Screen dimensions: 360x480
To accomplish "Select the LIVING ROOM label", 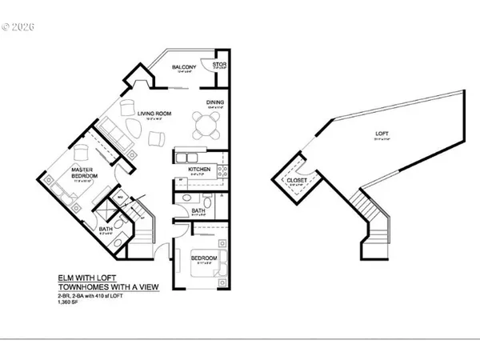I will click(154, 114).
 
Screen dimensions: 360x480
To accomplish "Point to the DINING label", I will click(214, 103).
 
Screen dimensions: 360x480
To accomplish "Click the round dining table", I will click(208, 125).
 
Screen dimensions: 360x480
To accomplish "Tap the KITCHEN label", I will click(199, 170).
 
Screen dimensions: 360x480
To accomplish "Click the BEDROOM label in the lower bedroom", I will click(204, 258).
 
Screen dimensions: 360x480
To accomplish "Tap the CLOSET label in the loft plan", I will click(296, 181).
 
